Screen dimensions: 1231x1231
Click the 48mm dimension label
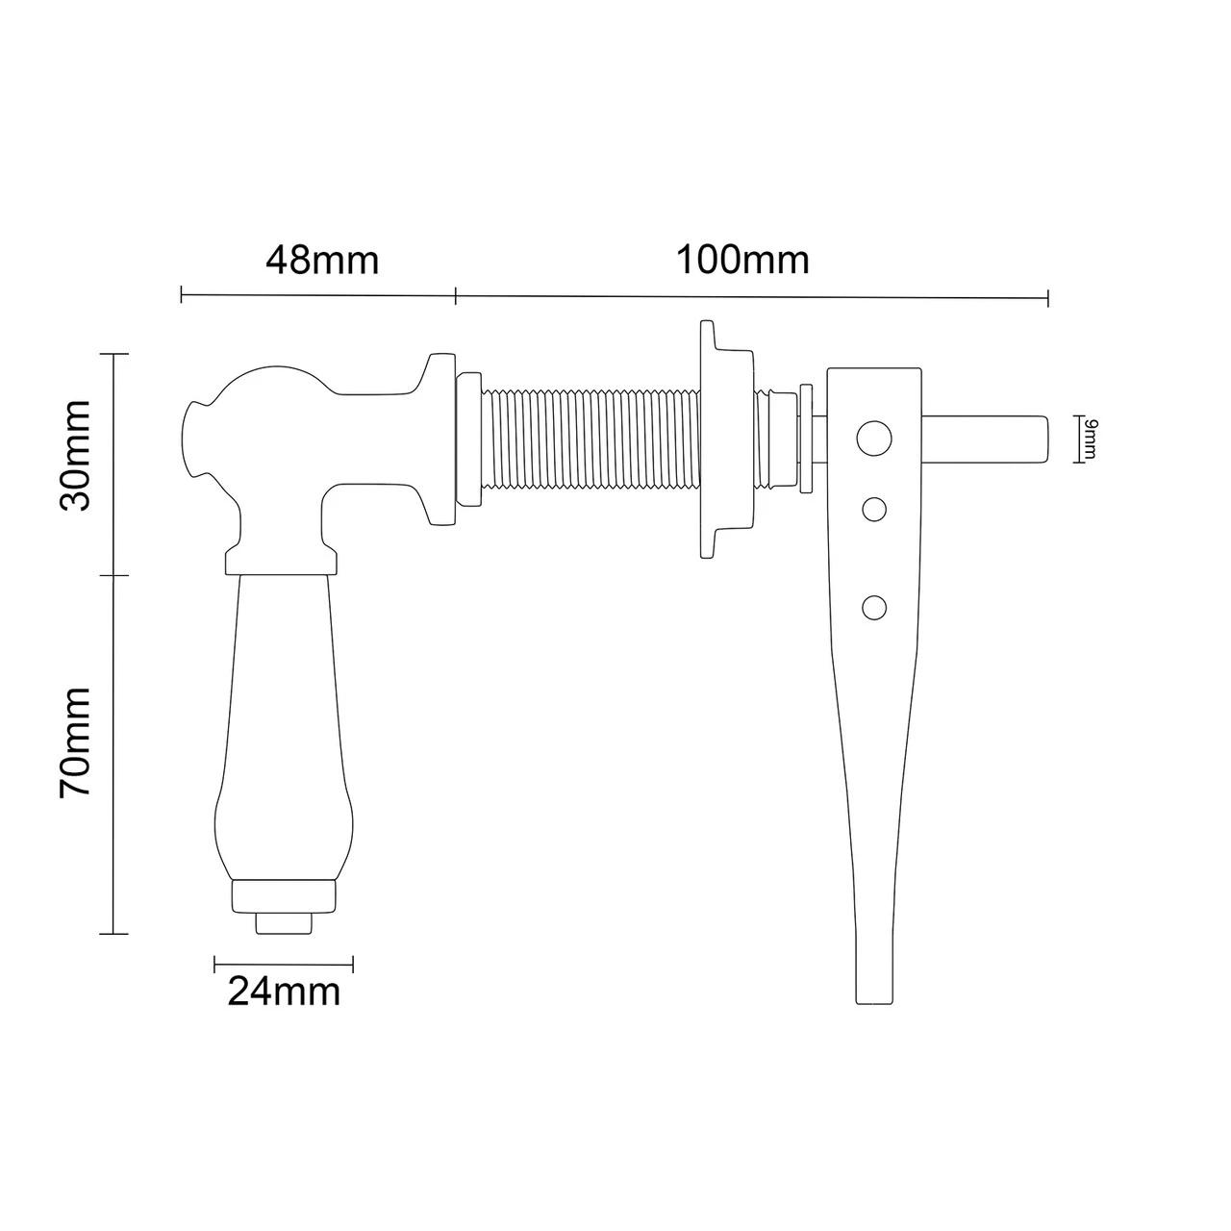[322, 261]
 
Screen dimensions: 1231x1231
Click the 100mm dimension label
[742, 261]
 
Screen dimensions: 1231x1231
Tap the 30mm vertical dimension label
[75, 456]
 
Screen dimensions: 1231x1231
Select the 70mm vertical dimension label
[75, 742]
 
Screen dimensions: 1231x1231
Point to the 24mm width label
[284, 992]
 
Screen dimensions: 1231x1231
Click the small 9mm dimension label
[1090, 439]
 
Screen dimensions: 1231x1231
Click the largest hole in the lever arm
[874, 439]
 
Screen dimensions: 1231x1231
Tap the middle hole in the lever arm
[874, 510]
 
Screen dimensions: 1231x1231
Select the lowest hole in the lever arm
[874, 607]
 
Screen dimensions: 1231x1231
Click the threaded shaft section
[590, 439]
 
